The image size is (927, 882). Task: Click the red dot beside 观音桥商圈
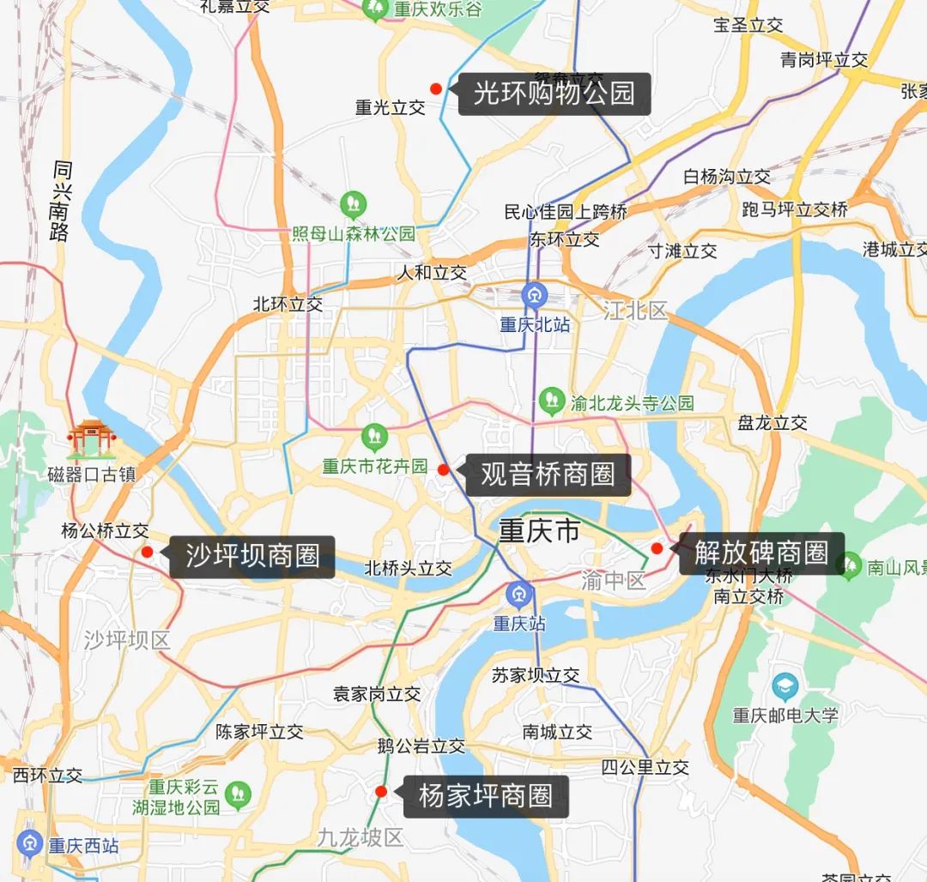[444, 469]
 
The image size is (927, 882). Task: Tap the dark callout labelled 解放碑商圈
[761, 553]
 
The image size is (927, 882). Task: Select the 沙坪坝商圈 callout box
[251, 556]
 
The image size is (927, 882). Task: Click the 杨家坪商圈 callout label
[485, 796]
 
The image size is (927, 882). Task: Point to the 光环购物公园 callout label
[554, 94]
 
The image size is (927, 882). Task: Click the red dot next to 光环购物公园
[436, 88]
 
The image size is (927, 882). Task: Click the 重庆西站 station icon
[30, 844]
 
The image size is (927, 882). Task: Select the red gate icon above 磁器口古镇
[92, 438]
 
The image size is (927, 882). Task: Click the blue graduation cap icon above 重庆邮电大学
[785, 686]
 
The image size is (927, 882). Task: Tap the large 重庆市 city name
[539, 532]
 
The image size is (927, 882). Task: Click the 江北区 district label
[635, 311]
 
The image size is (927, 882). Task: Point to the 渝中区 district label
[613, 581]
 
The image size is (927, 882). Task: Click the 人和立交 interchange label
[432, 273]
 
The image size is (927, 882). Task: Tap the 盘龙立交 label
[772, 423]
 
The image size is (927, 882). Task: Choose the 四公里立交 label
[645, 767]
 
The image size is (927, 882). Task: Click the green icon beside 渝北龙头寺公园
[553, 401]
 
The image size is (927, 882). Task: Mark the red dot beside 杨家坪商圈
[381, 791]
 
